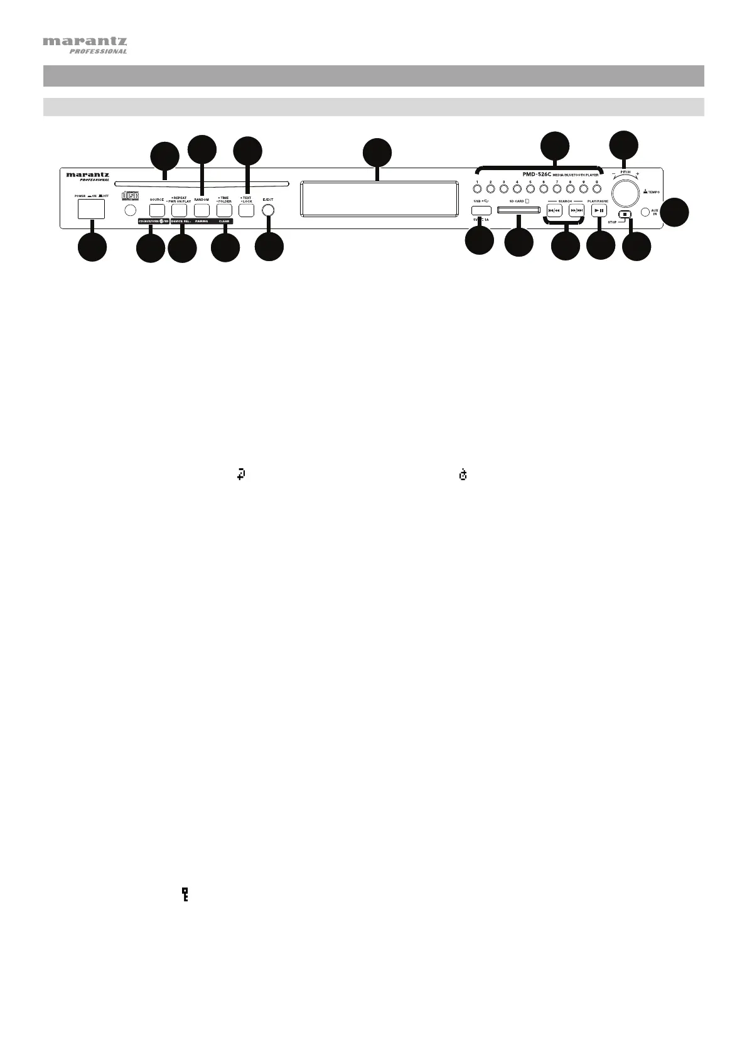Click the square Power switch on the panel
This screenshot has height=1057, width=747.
tap(91, 210)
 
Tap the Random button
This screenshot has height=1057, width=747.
tap(202, 210)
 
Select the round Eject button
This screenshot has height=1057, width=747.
tap(268, 210)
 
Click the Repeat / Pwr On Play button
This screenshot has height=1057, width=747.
tap(180, 210)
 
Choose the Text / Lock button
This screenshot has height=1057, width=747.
tap(246, 210)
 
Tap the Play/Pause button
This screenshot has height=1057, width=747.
tap(599, 211)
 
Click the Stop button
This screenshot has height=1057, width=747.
tap(625, 214)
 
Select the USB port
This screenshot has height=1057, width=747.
tap(480, 210)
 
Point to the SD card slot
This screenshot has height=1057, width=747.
tap(519, 212)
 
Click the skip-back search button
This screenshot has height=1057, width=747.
tap(554, 211)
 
